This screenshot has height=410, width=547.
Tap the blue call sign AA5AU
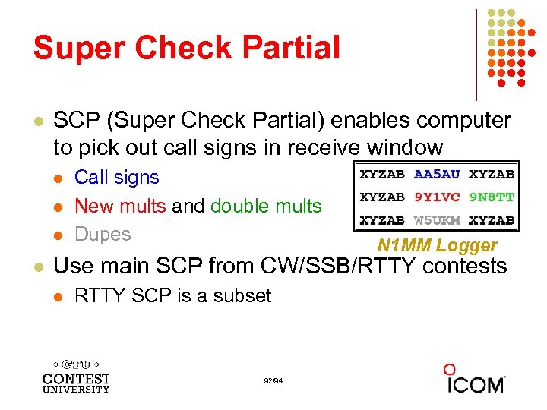(437, 174)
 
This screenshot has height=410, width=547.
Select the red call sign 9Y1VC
(437, 197)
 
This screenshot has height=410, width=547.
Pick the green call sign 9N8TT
(491, 197)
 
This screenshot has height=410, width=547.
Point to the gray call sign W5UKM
(437, 220)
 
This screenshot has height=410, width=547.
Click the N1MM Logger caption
(437, 245)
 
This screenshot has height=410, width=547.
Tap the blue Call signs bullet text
(116, 178)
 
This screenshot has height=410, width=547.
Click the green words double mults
(265, 206)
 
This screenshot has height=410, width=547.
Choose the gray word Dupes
(103, 234)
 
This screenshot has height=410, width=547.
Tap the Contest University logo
(76, 377)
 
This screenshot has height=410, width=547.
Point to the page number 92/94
(273, 380)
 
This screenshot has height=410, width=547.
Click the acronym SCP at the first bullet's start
(72, 121)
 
